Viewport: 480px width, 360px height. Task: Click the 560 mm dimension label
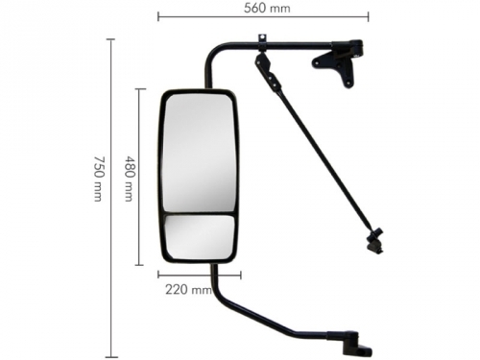click(267, 8)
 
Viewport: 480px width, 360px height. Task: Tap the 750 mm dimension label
click(99, 179)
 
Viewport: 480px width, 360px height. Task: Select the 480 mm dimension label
click(129, 179)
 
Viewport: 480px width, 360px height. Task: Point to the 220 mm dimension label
click(188, 290)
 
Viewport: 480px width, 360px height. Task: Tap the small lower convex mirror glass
click(199, 237)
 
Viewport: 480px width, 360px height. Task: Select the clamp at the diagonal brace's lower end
click(375, 241)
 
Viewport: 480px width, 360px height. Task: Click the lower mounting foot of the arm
click(355, 344)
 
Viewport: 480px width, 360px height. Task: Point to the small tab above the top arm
click(262, 37)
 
